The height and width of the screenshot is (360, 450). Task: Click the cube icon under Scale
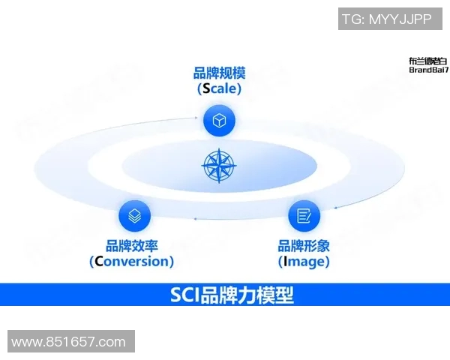point(219,120)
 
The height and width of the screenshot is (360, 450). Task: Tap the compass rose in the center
point(219,166)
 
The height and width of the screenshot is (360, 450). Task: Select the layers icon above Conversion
point(134,216)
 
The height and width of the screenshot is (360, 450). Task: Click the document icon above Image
point(304,216)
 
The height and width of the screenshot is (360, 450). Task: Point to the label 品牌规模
point(219,73)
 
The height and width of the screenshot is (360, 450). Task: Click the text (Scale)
point(219,88)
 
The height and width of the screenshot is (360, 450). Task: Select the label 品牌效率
point(132,246)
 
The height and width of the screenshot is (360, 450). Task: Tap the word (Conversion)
point(132,262)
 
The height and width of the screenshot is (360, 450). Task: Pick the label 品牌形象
point(304,246)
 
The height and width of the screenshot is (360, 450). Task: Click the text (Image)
point(304,262)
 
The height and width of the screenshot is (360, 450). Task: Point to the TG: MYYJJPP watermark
point(387,19)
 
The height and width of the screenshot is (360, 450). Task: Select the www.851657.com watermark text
point(69,342)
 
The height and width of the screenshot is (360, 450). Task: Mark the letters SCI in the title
point(184,295)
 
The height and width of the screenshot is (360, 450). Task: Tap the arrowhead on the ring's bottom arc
point(196,218)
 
